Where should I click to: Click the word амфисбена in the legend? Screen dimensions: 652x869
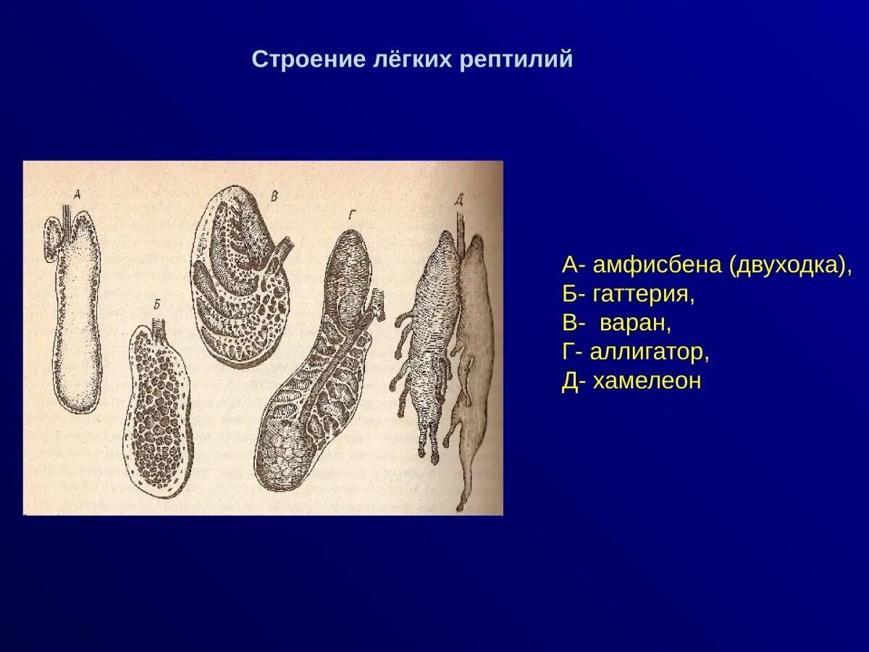(x=658, y=265)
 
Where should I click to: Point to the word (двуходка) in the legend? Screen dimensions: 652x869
(x=791, y=265)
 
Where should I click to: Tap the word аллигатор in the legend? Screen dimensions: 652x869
(x=649, y=353)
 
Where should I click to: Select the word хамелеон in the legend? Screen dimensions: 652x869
(x=647, y=382)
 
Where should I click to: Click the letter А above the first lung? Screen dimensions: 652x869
(x=78, y=193)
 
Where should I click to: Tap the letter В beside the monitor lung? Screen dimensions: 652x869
(x=274, y=196)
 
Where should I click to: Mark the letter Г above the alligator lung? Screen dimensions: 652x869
(x=350, y=214)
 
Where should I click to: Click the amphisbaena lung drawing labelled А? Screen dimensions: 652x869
(x=78, y=319)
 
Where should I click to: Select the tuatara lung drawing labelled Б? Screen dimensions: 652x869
(x=157, y=413)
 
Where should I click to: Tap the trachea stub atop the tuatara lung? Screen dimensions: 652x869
(x=159, y=324)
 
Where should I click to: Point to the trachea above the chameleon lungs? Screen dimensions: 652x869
(x=460, y=225)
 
